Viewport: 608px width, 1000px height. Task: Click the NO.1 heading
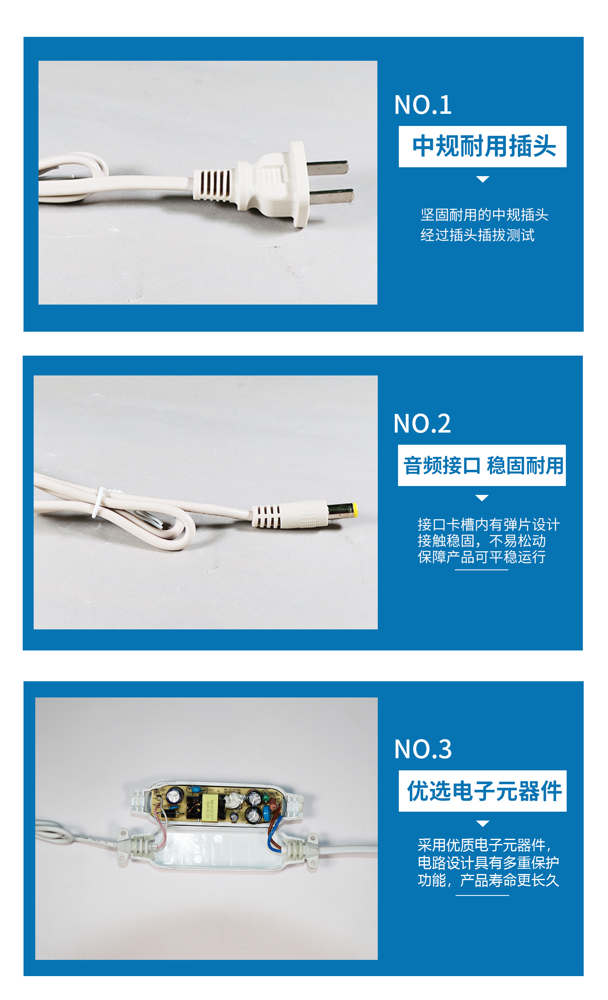point(423,105)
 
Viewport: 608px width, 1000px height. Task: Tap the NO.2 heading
point(422,424)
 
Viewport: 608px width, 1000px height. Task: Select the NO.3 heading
point(423,749)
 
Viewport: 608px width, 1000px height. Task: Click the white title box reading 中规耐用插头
point(482,147)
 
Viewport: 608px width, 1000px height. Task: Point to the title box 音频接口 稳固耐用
point(482,465)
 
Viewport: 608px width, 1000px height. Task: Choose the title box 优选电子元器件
point(482,791)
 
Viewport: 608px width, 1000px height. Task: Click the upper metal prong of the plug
point(328,168)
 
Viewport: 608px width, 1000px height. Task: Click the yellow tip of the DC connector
point(355,510)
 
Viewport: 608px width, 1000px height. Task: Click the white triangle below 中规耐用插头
point(482,179)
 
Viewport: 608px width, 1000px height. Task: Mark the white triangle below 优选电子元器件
point(482,824)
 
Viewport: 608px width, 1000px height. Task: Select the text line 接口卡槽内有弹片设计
point(488,525)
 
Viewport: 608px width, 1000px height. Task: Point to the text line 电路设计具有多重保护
point(488,863)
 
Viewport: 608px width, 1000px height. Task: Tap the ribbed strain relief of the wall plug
point(212,186)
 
